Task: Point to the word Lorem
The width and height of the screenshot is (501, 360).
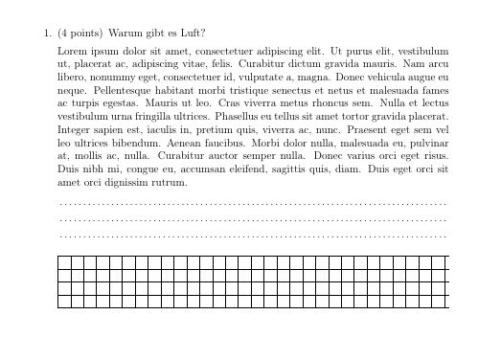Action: point(73,50)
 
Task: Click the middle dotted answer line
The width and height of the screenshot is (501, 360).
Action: point(253,219)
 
